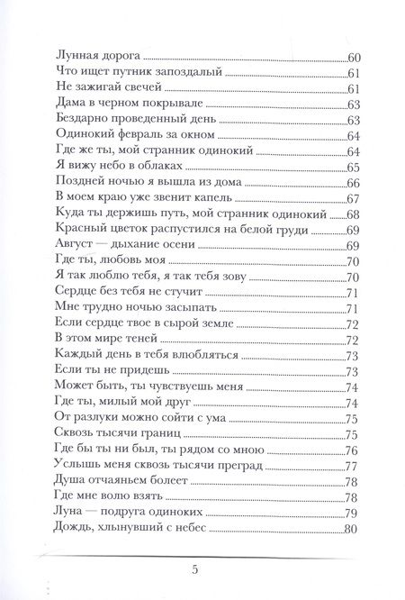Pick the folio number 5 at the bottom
point(203,568)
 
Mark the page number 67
point(352,198)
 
